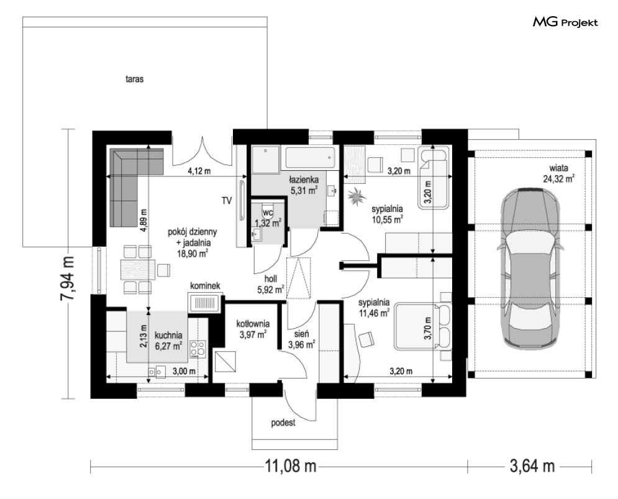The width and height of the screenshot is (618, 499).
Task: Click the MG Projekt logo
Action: tap(565, 22)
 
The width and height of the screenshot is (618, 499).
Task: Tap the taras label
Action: tap(134, 79)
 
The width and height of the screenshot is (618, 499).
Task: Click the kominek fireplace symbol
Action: tap(204, 303)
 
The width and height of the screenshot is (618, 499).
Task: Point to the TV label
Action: tap(227, 201)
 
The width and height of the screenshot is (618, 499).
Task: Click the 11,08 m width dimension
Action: tap(290, 466)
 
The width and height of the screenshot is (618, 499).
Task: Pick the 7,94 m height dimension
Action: tap(68, 278)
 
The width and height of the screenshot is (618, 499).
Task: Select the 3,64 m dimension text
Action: tap(532, 466)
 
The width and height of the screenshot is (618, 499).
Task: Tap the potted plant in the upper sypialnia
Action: tap(357, 195)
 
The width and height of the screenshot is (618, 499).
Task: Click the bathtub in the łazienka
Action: tap(310, 158)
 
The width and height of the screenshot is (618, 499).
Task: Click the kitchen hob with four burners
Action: tap(198, 349)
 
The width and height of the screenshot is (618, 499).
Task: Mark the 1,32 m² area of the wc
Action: tap(268, 223)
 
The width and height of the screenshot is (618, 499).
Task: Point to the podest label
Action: tap(283, 423)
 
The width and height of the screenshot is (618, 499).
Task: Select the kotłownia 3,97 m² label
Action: tap(253, 329)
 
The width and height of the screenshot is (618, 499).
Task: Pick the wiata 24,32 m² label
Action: tap(558, 173)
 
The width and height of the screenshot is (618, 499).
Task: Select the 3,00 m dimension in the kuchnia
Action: tap(184, 371)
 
